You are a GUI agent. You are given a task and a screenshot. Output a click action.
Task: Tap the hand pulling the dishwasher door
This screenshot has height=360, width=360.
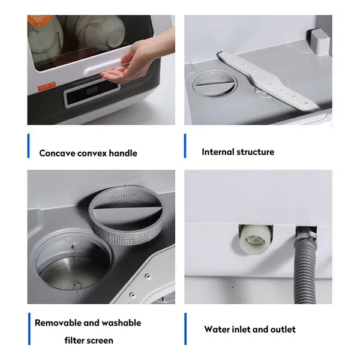(x=138, y=59)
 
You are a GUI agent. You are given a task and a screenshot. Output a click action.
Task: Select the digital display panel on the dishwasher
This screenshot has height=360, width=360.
(x=92, y=93)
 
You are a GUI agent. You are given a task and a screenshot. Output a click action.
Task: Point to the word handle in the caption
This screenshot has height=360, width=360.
(x=123, y=153)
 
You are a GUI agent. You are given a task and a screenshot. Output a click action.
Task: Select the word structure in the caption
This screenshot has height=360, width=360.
(x=256, y=152)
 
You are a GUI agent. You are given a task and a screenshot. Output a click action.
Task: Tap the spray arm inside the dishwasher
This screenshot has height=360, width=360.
(x=268, y=80)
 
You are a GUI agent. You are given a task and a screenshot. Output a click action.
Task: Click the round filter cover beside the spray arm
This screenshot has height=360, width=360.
(x=214, y=84)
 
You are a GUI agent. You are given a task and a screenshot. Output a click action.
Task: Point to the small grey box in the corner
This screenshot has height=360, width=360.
(x=321, y=41)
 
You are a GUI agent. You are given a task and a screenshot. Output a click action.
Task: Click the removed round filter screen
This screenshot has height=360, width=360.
(x=127, y=214)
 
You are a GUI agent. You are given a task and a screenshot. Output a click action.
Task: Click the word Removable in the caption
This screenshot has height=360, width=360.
(x=58, y=323)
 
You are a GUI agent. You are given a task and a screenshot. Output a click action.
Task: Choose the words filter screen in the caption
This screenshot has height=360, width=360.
(x=89, y=340)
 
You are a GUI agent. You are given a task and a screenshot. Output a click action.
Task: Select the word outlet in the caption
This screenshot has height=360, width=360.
(x=283, y=329)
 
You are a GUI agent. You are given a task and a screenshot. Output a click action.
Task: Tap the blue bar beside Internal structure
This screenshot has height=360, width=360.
(x=185, y=146)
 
